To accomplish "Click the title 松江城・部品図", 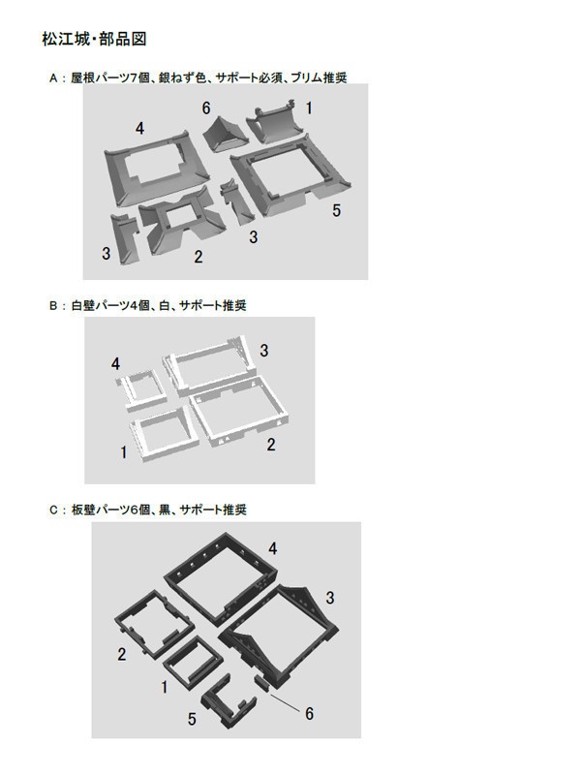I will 94,40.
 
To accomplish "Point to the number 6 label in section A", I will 206,108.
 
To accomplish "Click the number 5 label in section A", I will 336,210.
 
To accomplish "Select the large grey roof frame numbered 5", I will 290,179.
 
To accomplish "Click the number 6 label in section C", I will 309,714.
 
